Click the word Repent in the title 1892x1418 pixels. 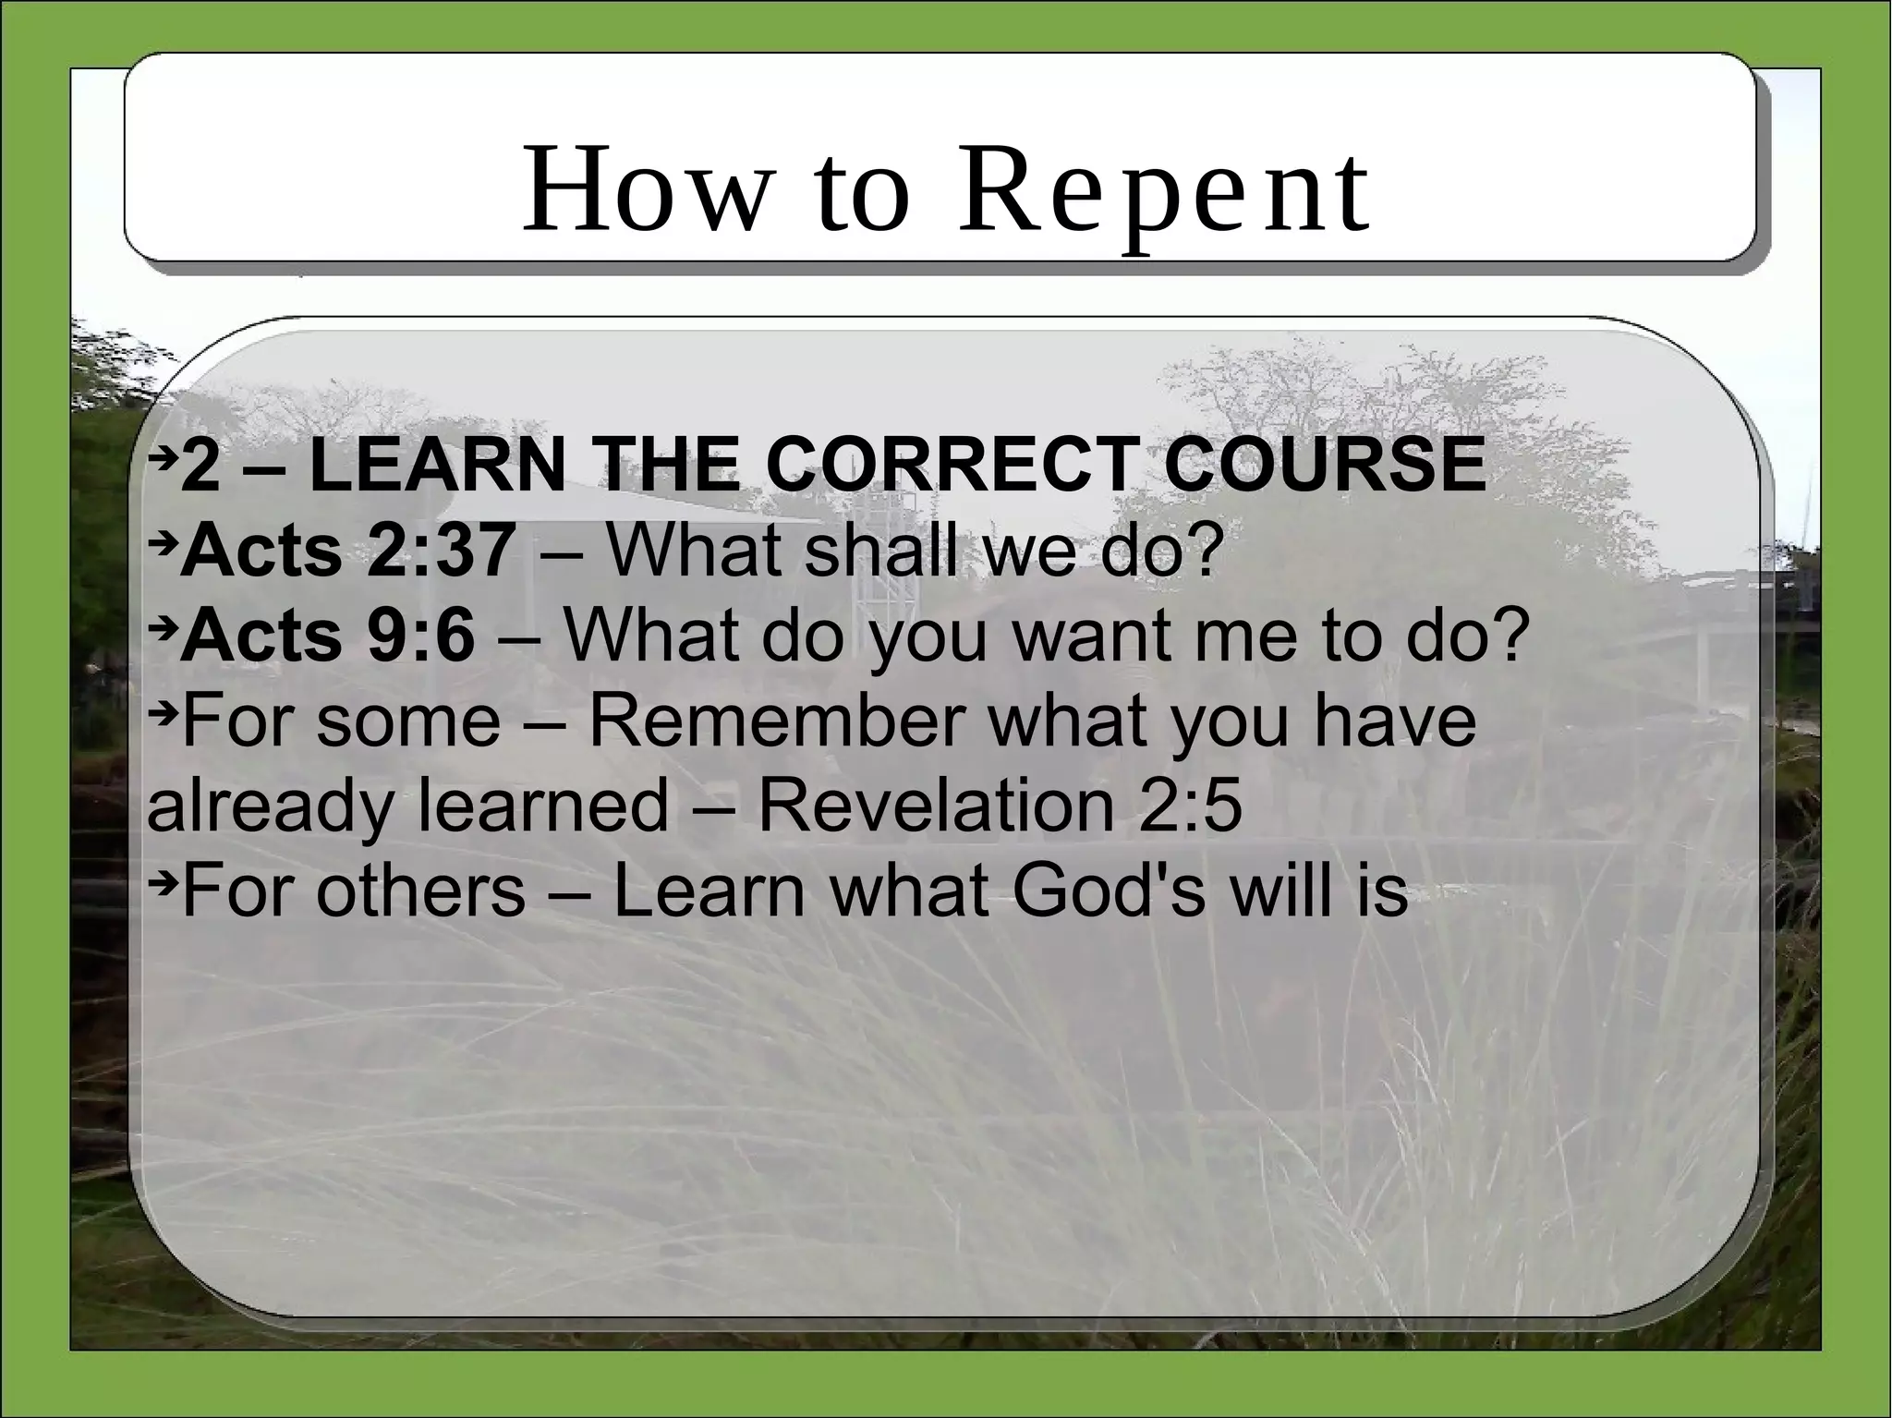click(1162, 191)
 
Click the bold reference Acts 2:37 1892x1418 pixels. click(347, 551)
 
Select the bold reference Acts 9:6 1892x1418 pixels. click(328, 636)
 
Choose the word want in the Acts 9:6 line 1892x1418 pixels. click(1094, 636)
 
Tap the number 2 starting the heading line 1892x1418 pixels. click(200, 465)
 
